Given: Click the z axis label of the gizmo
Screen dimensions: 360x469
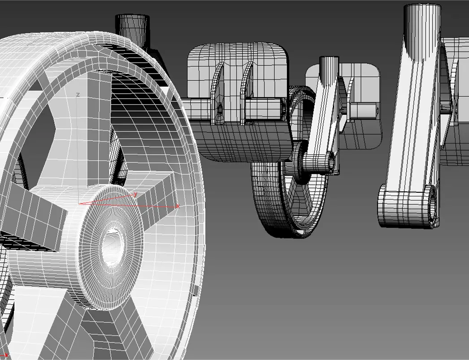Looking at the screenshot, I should (78, 95).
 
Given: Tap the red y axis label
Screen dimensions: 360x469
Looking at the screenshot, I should (135, 194).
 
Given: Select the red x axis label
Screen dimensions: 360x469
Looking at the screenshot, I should (178, 206).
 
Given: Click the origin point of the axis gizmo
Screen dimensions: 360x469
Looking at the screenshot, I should (79, 204).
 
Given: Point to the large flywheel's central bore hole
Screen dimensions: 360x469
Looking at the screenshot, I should (113, 244).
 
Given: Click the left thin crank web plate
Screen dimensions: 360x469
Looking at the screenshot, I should (220, 94).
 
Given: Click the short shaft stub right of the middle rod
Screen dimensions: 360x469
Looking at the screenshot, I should (363, 109).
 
